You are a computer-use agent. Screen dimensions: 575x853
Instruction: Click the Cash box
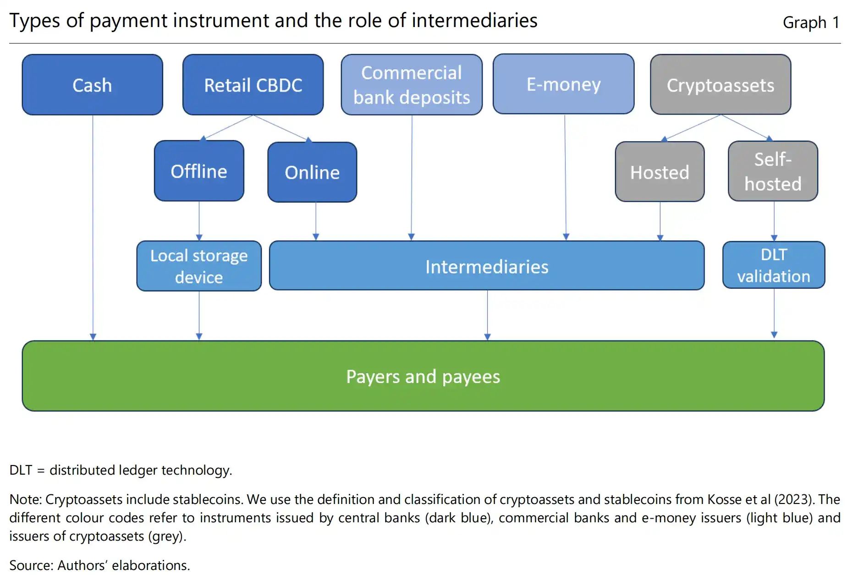(92, 85)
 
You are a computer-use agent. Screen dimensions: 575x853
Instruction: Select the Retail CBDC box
(253, 85)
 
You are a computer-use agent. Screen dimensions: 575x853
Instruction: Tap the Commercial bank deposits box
(412, 85)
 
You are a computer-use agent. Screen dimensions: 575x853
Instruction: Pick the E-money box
(563, 84)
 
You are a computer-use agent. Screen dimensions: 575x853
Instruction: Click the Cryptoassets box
(720, 85)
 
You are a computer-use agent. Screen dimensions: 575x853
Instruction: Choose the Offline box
(199, 171)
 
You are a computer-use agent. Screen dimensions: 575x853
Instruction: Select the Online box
(312, 172)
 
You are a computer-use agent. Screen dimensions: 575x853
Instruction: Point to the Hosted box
(660, 172)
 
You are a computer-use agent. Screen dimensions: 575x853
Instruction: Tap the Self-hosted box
(773, 171)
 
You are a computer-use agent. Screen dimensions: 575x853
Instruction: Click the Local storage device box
(199, 266)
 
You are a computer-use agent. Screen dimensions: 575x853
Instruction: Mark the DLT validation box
(774, 265)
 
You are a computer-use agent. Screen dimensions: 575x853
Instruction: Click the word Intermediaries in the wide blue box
(487, 267)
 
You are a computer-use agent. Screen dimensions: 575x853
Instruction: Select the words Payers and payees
(423, 377)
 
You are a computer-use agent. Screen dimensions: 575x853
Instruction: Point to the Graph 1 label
(811, 22)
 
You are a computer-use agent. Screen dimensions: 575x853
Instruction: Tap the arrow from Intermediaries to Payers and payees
(487, 315)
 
